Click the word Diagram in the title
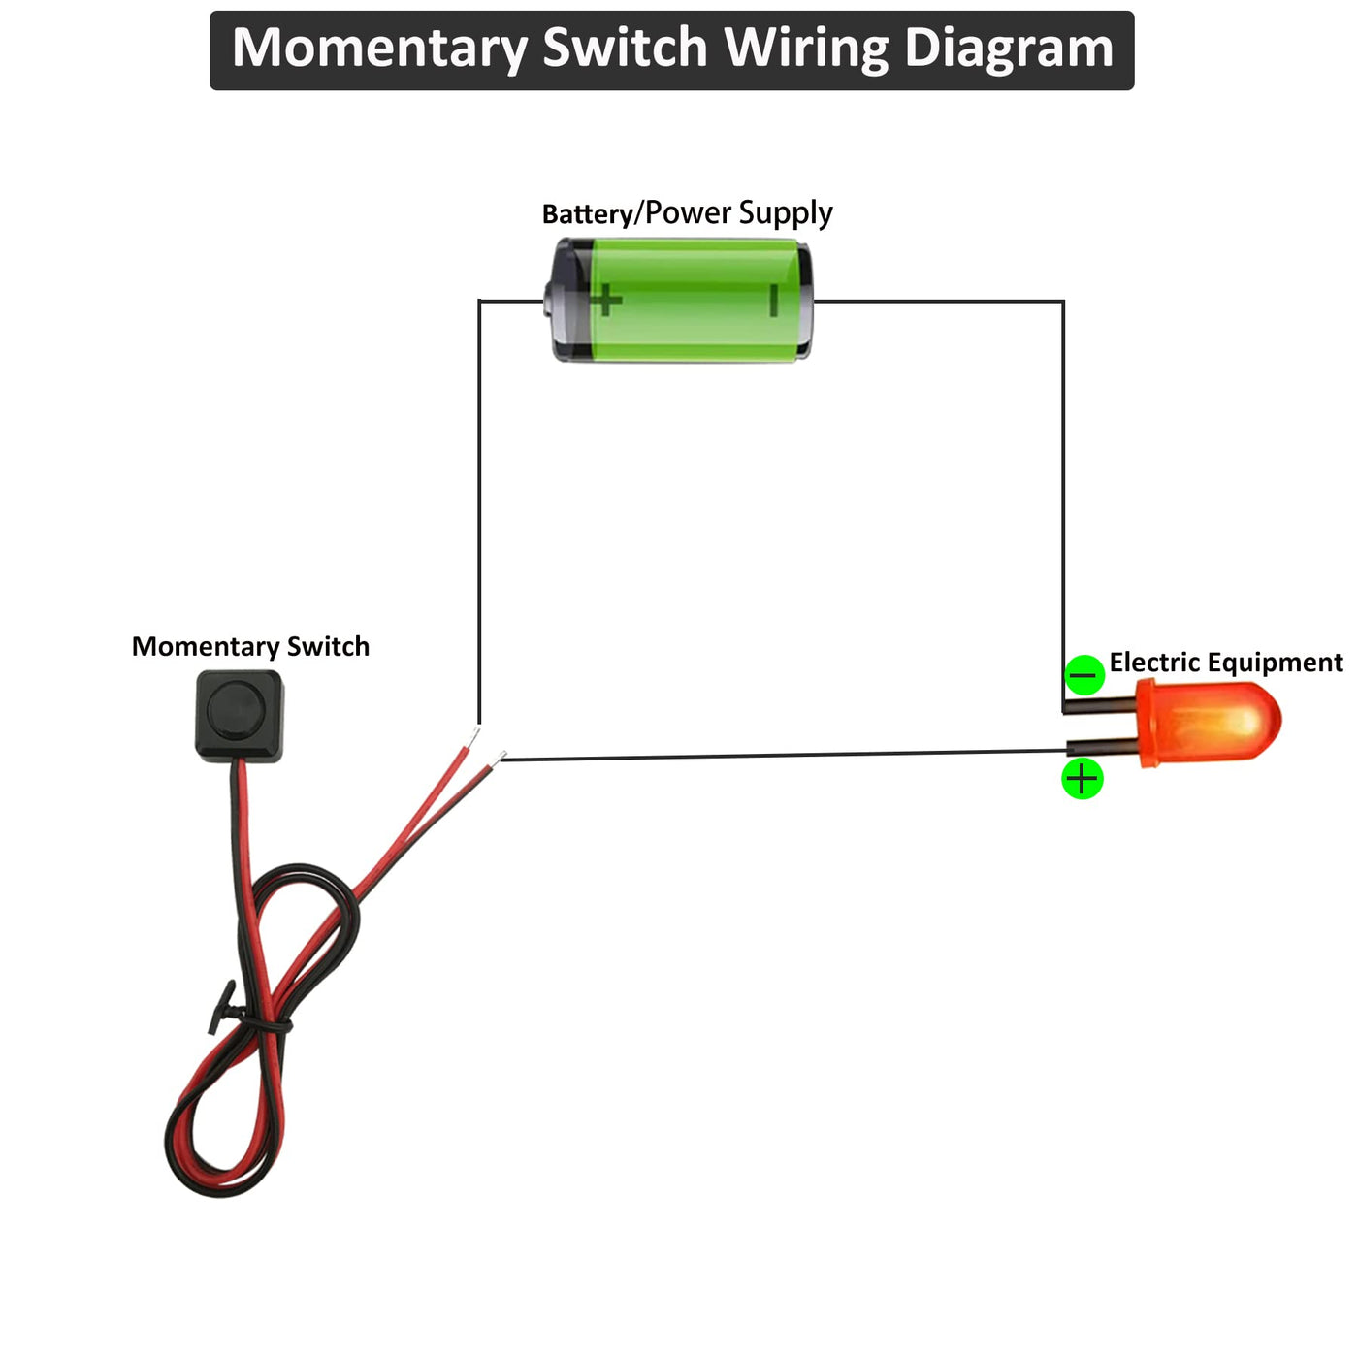click(1009, 48)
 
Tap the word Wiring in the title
click(806, 48)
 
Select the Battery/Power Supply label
click(687, 212)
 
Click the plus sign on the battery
click(606, 300)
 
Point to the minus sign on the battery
click(773, 300)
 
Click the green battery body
click(689, 301)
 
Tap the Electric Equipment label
click(1225, 663)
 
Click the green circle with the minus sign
click(1083, 674)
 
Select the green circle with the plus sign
click(1083, 779)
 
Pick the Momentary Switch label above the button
click(250, 646)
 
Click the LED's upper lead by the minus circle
click(1101, 704)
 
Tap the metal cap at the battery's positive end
click(555, 301)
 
